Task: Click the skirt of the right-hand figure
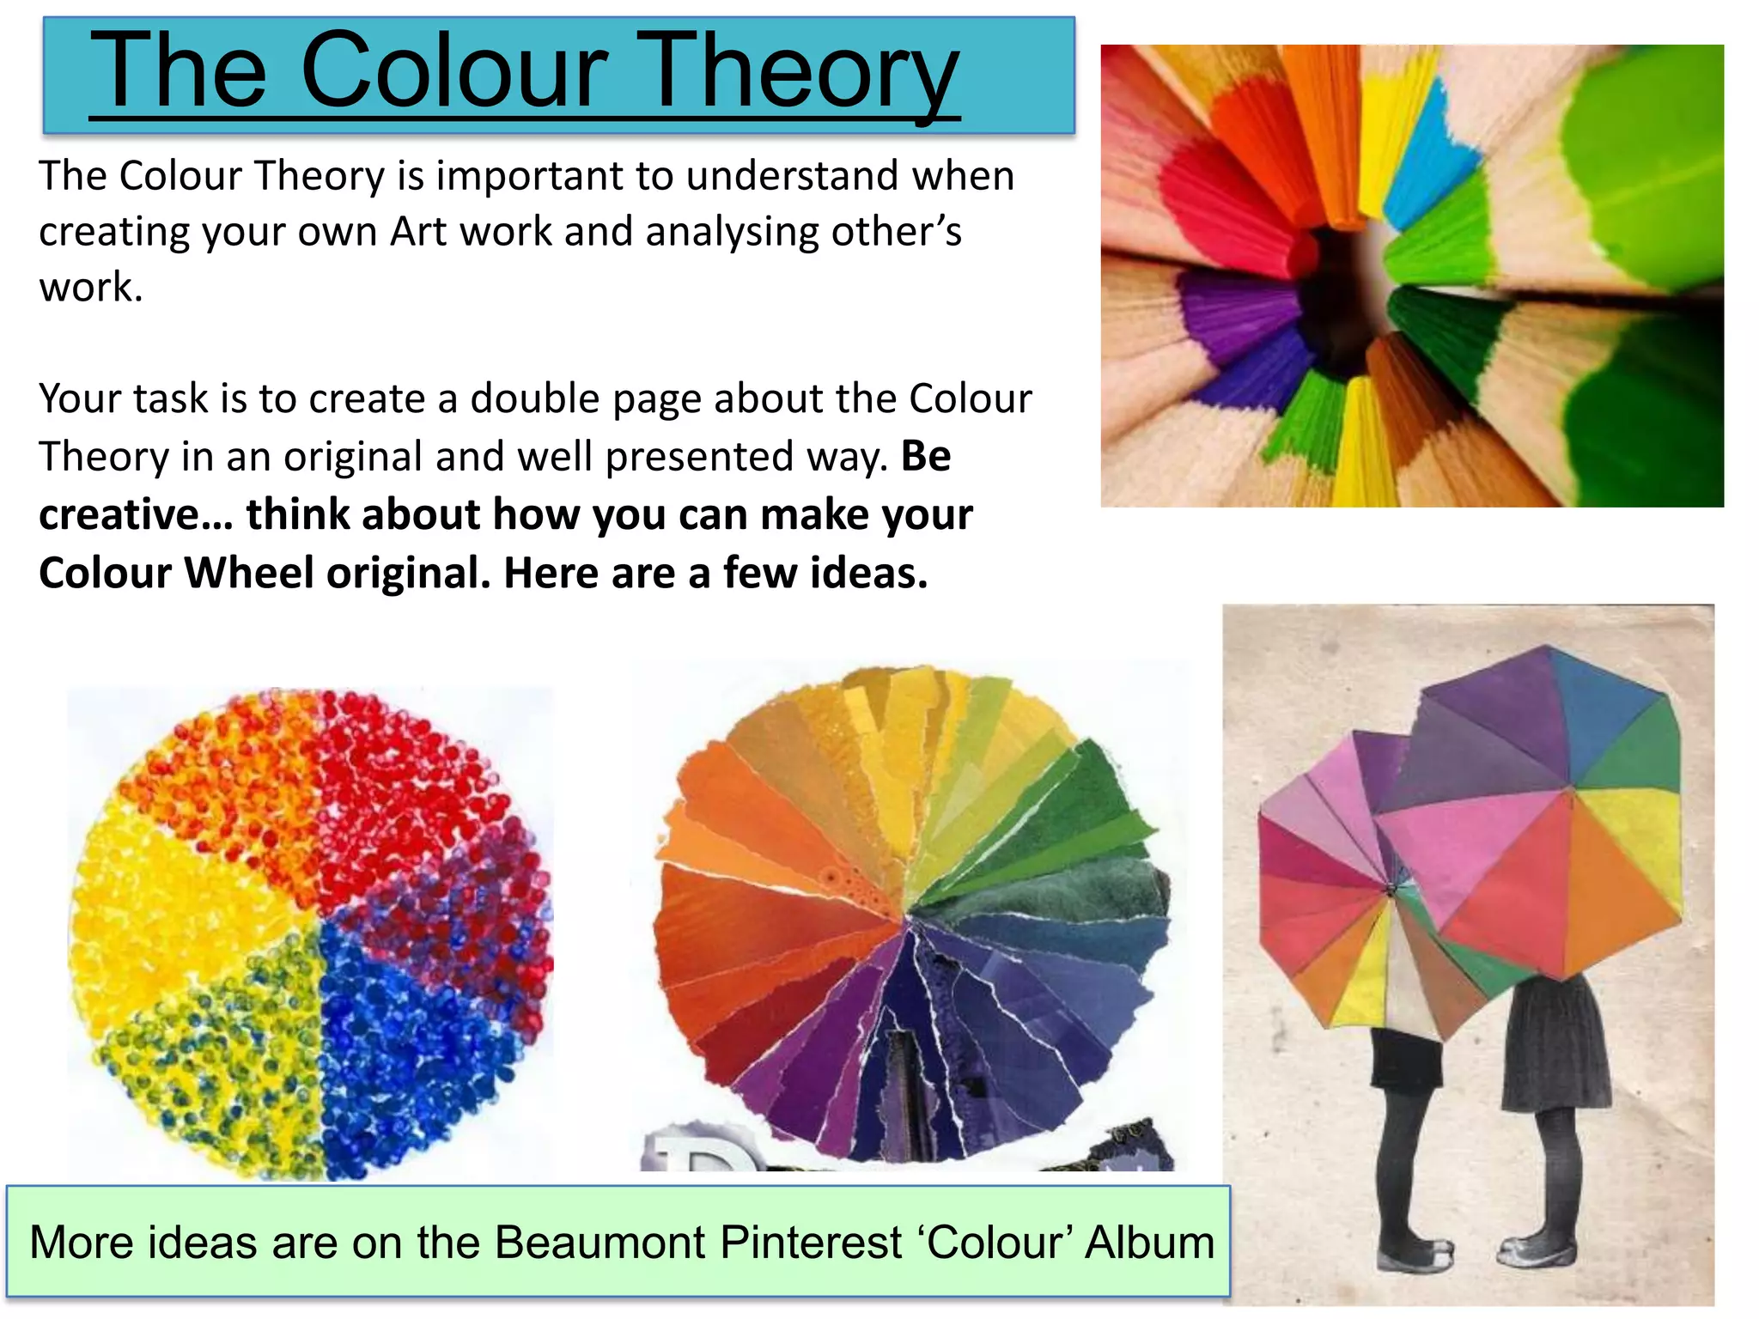pos(1555,1048)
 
